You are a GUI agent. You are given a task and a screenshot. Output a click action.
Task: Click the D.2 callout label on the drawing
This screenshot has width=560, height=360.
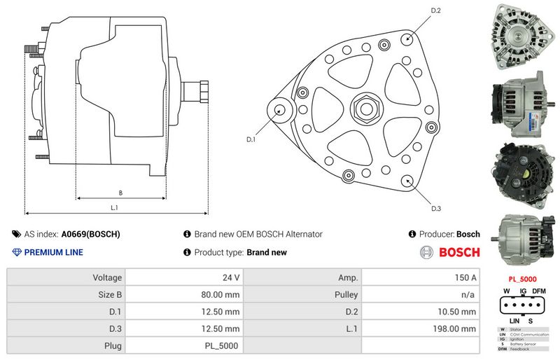coord(435,11)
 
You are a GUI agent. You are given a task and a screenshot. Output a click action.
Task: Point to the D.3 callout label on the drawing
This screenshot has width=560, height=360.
coord(435,208)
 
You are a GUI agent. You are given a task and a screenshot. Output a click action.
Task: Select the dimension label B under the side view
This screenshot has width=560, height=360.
coord(120,192)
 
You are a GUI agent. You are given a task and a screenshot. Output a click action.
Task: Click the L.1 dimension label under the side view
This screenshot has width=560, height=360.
coord(114,208)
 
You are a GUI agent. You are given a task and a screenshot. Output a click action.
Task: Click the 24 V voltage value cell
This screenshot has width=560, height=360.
coord(230,277)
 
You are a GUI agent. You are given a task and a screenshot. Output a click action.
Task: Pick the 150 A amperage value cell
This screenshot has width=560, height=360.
coord(466,277)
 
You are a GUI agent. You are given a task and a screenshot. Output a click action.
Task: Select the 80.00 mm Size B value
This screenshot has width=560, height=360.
coord(220,294)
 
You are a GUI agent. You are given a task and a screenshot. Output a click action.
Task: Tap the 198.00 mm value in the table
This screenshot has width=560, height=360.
coord(456,328)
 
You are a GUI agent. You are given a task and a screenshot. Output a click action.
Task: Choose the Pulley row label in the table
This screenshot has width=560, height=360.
coord(346,294)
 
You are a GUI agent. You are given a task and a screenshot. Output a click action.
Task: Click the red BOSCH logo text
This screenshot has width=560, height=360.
coord(458,252)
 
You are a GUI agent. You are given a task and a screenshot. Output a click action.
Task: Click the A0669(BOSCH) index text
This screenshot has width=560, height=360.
coord(90,235)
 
